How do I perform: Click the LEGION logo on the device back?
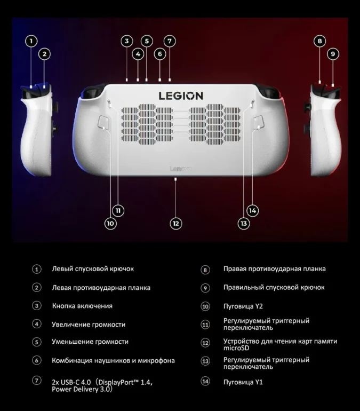click(181, 96)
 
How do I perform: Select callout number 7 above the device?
click(169, 41)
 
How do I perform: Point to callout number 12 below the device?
click(175, 224)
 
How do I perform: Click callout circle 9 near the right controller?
click(332, 53)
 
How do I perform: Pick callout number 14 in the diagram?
click(253, 211)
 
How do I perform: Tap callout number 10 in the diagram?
click(110, 224)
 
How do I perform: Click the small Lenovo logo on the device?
click(180, 168)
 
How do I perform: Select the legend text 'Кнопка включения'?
click(82, 306)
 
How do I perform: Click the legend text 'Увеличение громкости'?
click(89, 324)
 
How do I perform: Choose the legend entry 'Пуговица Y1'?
click(243, 382)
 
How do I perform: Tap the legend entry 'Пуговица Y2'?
click(243, 306)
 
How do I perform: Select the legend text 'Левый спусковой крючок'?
click(92, 269)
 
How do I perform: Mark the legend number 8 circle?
click(205, 270)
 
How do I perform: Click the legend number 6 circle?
click(37, 361)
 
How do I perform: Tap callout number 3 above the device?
click(126, 41)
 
